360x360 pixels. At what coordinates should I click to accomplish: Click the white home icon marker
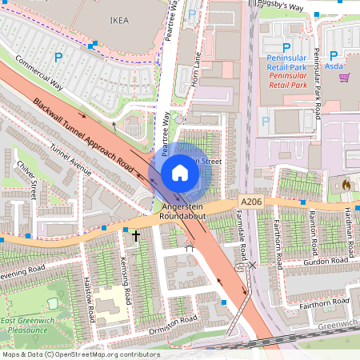tap(180, 172)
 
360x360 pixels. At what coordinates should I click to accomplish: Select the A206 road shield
tap(249, 203)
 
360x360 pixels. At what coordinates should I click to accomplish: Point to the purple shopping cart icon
tap(344, 78)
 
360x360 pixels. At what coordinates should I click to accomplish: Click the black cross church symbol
tap(136, 236)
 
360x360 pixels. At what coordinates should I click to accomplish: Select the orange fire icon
tap(346, 185)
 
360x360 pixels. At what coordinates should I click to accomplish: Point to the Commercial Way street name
tap(38, 73)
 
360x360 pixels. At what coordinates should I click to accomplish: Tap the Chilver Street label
tap(26, 180)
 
